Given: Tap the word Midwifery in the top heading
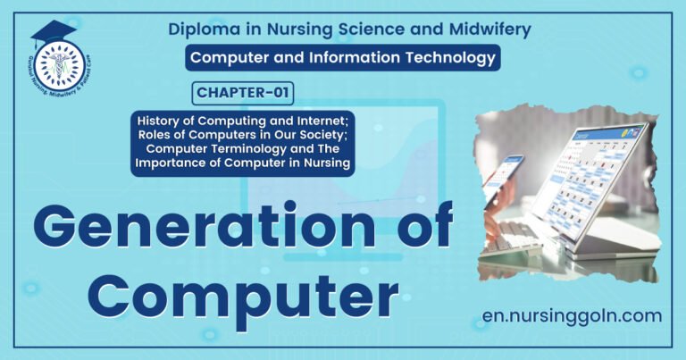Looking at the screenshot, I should coord(488,29).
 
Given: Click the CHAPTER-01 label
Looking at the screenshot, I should coord(242,92).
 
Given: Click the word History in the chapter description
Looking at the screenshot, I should coord(162,119).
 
